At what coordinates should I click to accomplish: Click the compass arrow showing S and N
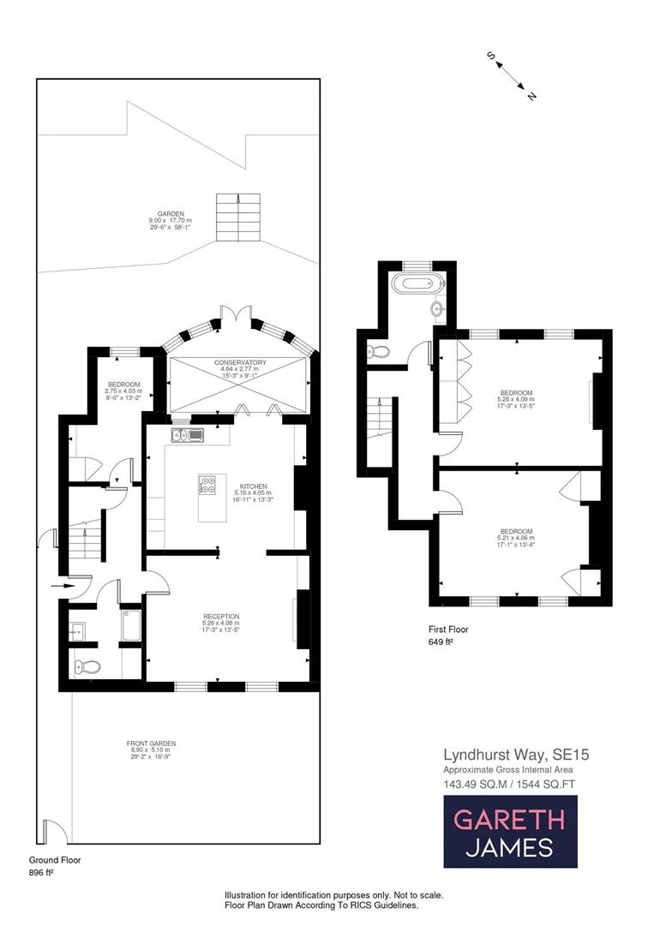pyautogui.click(x=512, y=75)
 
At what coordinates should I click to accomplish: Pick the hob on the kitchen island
pyautogui.click(x=207, y=486)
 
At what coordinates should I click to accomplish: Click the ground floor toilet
pyautogui.click(x=87, y=667)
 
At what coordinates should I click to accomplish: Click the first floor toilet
pyautogui.click(x=377, y=351)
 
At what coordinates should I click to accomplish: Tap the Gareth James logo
pyautogui.click(x=509, y=831)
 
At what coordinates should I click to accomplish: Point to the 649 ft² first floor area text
pyautogui.click(x=441, y=641)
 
